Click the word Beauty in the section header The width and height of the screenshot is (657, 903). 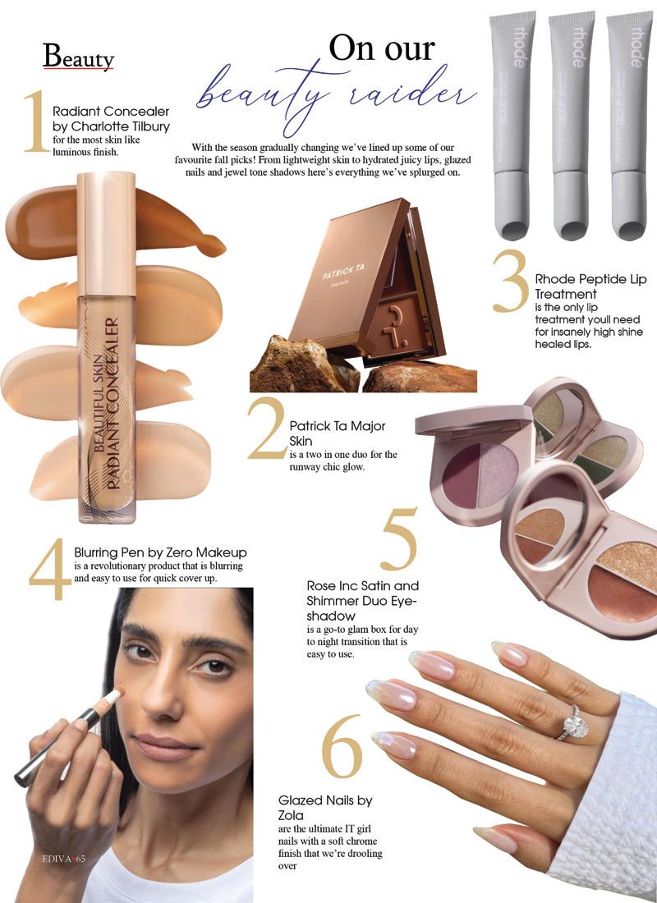coord(78,57)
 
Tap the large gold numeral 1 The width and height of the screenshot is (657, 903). coord(36,121)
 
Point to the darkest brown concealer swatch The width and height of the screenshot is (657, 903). coord(115,222)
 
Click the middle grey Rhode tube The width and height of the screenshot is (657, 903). coord(571,125)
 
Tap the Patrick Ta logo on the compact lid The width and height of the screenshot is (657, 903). coord(343,273)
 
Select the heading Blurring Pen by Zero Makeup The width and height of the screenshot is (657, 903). coord(160,552)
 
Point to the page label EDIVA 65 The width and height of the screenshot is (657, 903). coord(64,859)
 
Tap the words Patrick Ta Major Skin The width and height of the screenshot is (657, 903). coord(338,433)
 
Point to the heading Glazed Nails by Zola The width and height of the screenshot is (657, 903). coord(325,808)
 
